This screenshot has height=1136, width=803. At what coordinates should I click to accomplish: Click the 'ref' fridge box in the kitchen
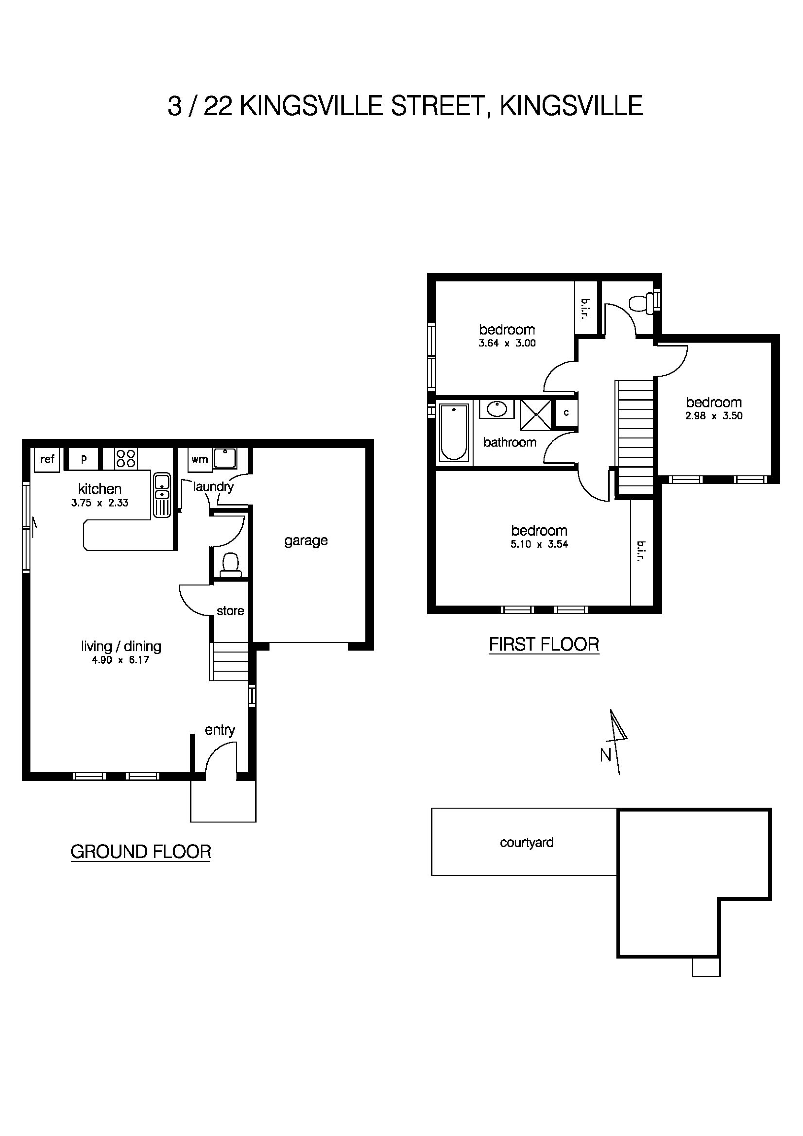47,459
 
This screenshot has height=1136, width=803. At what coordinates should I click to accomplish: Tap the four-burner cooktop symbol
126,458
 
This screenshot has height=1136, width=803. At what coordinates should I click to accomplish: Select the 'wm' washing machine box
200,459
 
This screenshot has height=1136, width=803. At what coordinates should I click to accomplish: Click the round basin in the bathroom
496,409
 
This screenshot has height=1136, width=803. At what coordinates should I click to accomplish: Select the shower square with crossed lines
536,415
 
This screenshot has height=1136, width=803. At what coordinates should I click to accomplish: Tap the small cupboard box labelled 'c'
566,413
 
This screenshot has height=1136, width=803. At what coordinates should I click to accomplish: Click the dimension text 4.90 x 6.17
120,660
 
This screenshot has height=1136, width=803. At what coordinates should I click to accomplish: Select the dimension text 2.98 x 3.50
714,416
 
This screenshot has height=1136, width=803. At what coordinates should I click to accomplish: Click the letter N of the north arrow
606,755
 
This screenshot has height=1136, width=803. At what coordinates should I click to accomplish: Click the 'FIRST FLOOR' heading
544,644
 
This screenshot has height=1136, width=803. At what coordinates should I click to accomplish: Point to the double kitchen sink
161,495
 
